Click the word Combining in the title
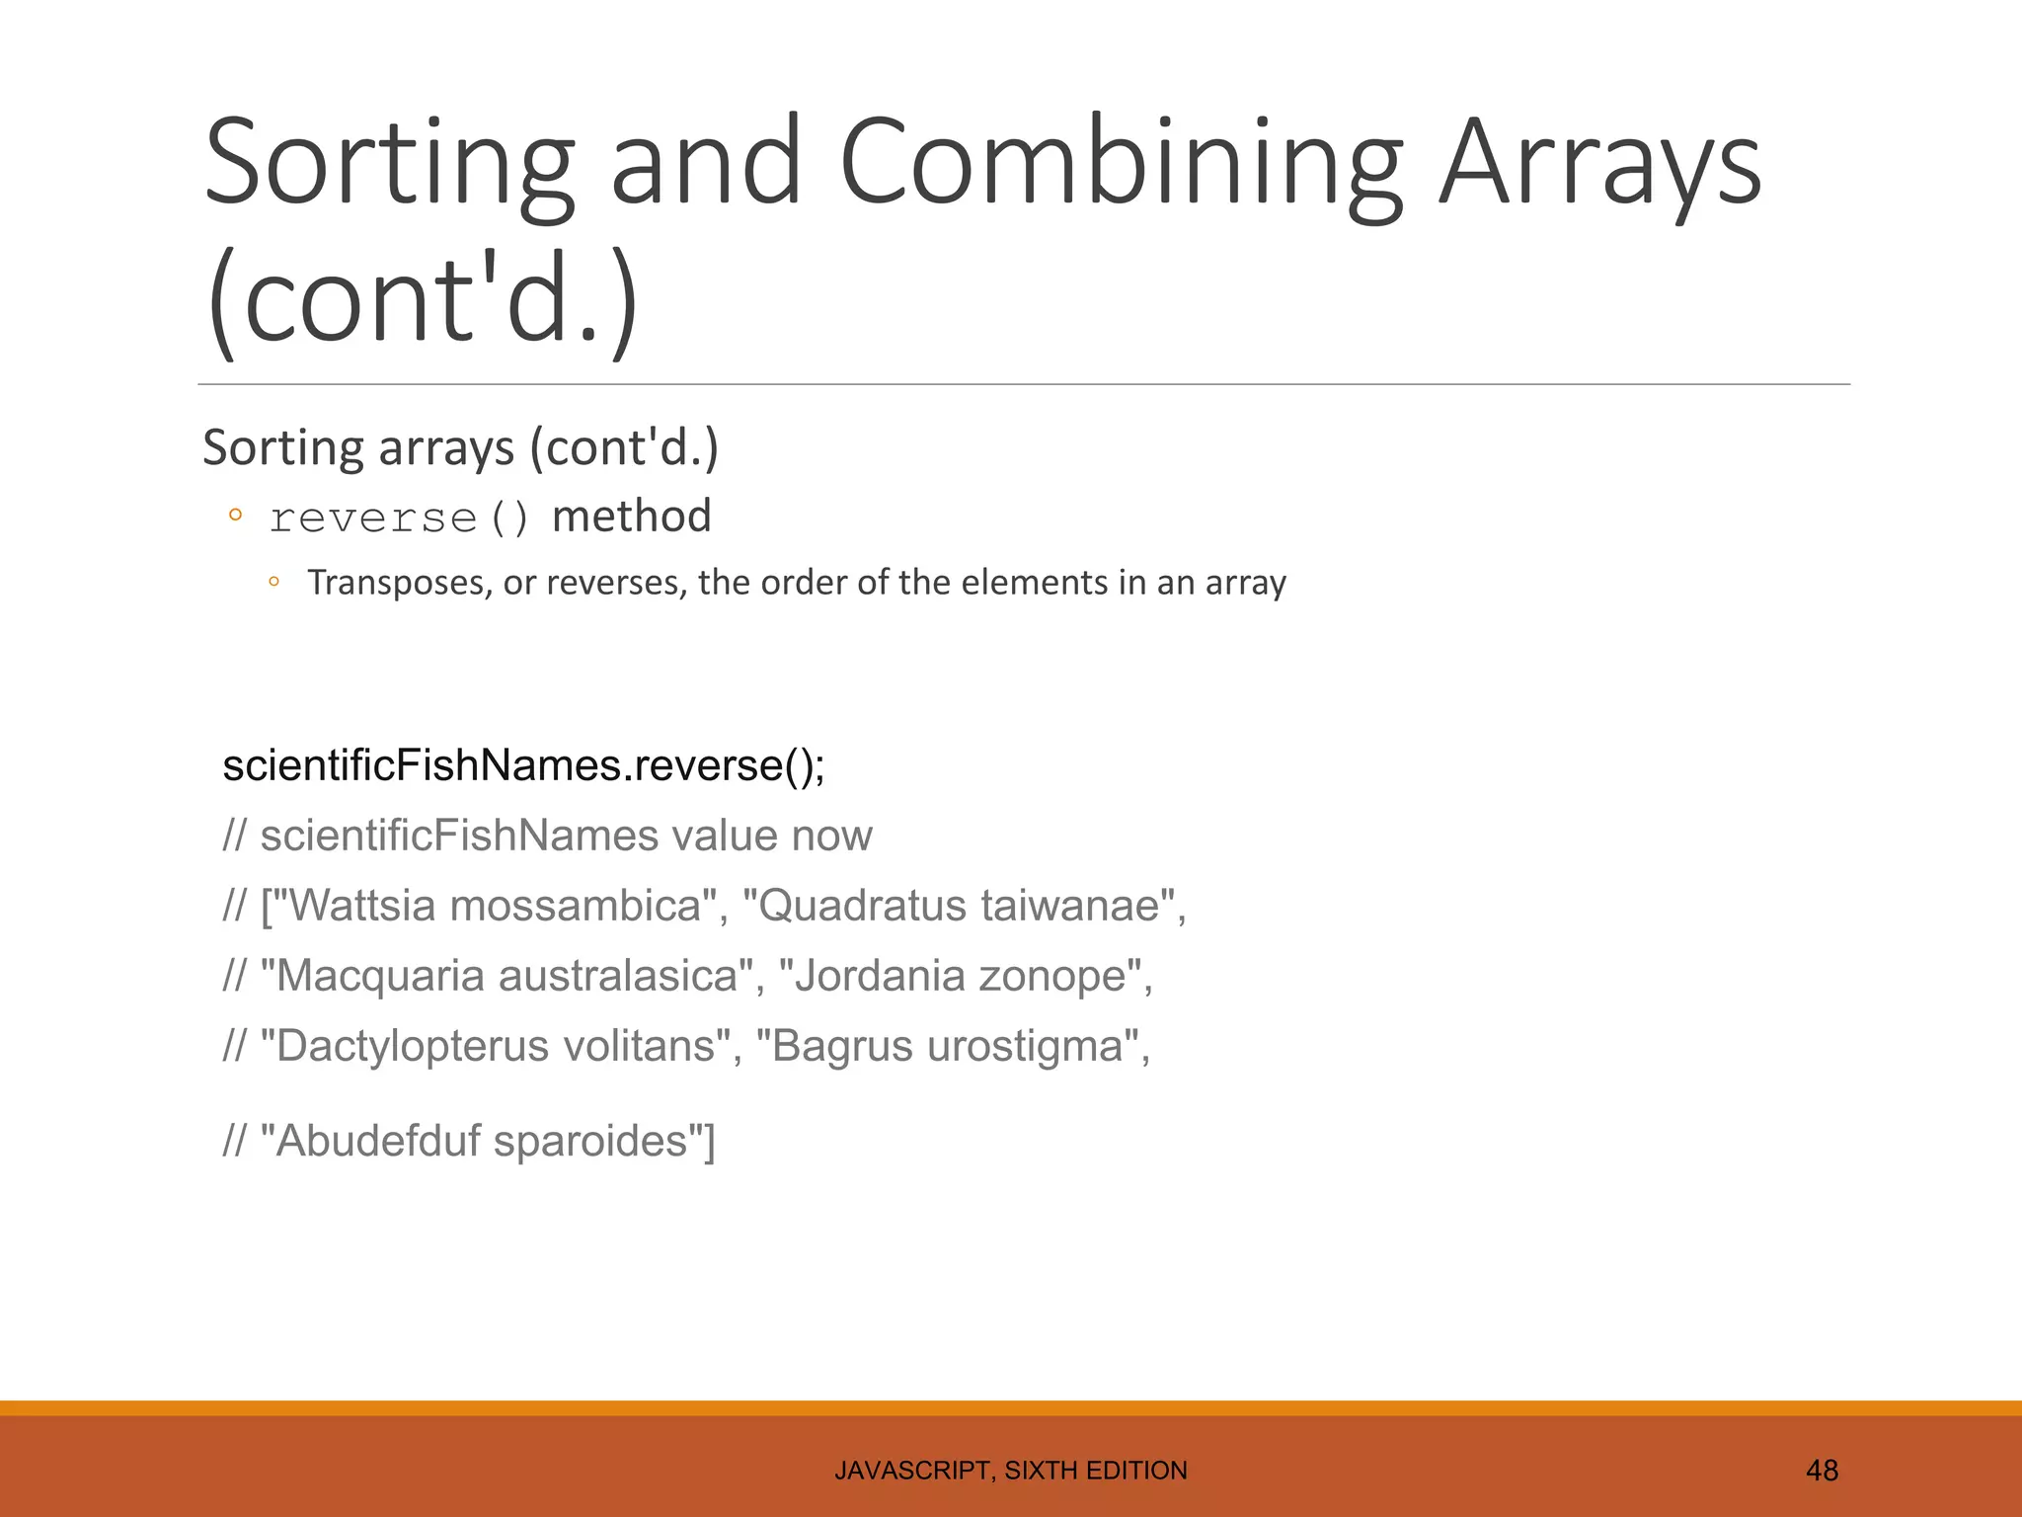point(1120,163)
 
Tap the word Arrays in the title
point(1599,163)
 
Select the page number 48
point(1822,1471)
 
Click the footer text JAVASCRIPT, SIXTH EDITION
point(1010,1471)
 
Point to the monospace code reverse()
point(400,519)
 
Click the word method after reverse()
point(631,517)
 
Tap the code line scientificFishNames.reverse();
point(523,765)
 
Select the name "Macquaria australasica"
point(505,976)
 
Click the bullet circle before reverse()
point(235,515)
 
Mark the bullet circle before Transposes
point(274,583)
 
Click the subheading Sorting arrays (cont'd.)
point(460,447)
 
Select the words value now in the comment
point(772,836)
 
